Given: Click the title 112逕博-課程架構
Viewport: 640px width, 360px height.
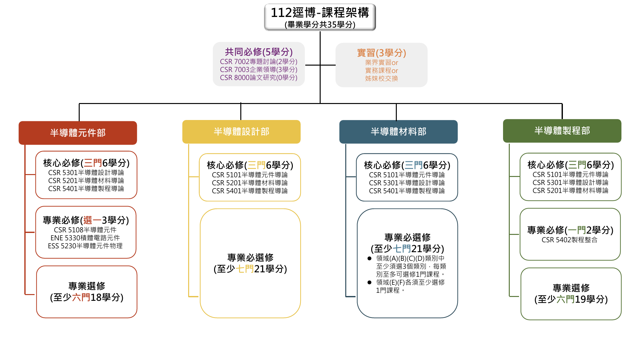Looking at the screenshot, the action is (x=320, y=13).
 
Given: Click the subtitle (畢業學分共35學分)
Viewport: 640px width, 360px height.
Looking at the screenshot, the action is (x=320, y=25).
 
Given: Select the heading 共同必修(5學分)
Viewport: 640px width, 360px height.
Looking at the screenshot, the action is (x=259, y=52).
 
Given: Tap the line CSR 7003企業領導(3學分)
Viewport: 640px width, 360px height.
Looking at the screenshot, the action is (x=259, y=69).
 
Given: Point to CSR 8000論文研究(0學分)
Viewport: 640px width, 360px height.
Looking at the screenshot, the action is (x=259, y=77).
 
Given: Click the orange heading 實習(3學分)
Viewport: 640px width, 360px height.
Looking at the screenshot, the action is (x=381, y=53).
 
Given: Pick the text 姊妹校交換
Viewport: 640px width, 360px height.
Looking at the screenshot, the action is (x=381, y=78).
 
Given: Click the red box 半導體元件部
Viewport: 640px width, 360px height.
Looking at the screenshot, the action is (x=78, y=133).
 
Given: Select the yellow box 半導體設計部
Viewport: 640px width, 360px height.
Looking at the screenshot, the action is (x=241, y=132).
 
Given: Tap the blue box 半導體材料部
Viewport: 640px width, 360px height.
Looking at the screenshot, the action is (x=398, y=132).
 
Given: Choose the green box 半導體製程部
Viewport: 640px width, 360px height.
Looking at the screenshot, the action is (x=562, y=131).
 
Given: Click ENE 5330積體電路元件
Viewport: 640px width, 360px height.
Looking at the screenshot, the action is (x=85, y=238).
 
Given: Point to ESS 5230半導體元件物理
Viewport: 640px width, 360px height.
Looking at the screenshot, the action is (x=85, y=246).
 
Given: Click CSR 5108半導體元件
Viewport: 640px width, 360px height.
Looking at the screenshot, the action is (x=85, y=230).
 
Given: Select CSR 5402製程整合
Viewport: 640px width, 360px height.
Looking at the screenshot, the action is (x=570, y=240).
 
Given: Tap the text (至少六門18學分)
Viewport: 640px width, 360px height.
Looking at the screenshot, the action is (x=87, y=297).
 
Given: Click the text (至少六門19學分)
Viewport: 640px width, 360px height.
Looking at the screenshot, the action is (x=571, y=299).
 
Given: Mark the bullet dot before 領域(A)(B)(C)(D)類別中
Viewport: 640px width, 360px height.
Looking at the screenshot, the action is (x=370, y=258).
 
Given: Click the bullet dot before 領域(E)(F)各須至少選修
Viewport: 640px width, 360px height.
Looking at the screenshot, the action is (x=370, y=282).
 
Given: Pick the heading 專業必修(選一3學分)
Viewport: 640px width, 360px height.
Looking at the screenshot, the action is (x=86, y=220).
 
